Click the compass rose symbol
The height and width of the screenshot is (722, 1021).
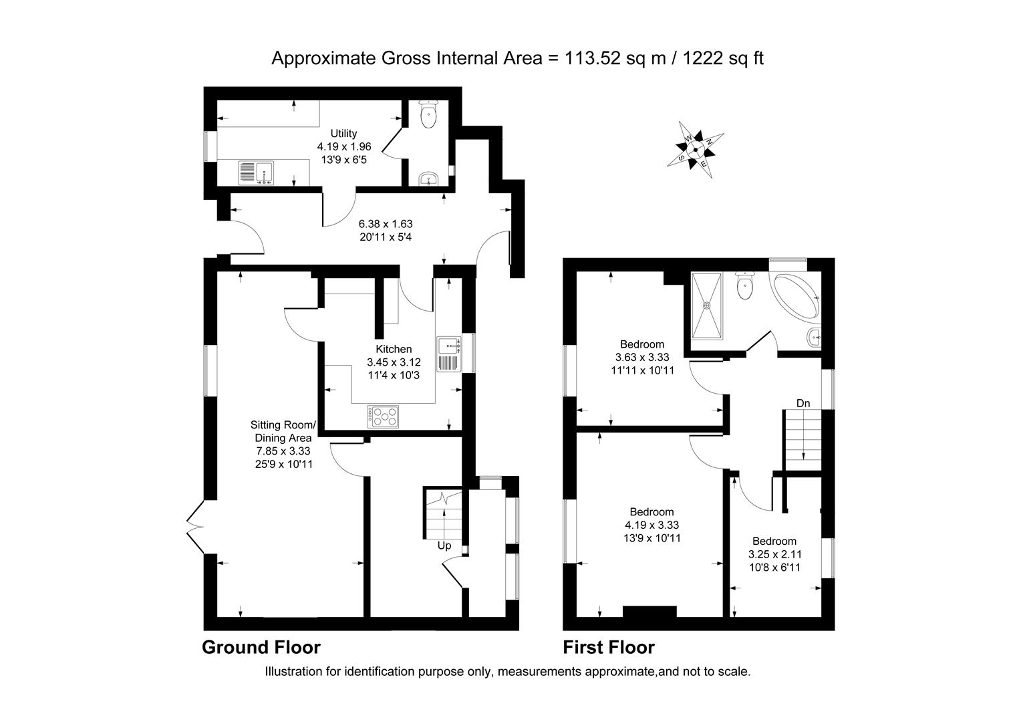coord(696,148)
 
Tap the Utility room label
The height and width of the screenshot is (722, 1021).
coord(344,134)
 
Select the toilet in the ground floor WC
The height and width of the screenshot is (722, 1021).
coord(428,115)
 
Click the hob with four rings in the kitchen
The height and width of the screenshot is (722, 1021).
coord(383,416)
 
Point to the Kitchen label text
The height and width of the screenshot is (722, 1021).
coord(394,349)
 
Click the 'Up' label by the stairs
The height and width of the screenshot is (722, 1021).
coord(444,546)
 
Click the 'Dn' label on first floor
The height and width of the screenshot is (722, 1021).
coord(803,403)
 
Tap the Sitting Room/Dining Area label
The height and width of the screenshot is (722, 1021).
coord(282,431)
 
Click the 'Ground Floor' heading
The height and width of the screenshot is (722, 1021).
coord(261,647)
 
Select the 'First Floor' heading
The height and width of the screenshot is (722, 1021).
coord(609,647)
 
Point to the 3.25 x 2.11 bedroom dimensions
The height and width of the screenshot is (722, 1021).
coord(774,554)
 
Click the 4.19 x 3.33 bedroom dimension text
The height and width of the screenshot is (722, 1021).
coord(652,525)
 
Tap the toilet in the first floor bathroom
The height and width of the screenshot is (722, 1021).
coord(743,286)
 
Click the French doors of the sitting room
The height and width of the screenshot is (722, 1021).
coord(196,527)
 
